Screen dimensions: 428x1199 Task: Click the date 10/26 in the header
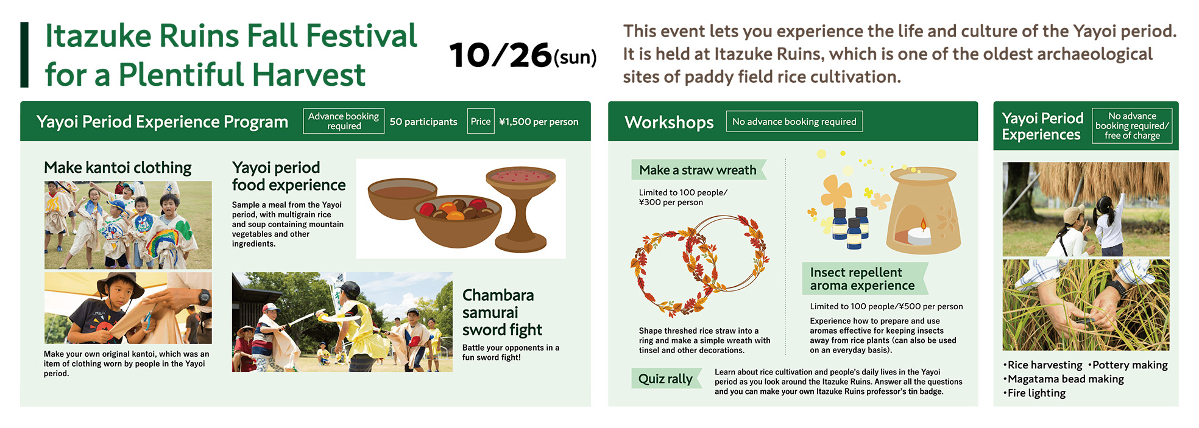[x=500, y=55]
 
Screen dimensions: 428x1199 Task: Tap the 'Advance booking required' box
[x=344, y=121]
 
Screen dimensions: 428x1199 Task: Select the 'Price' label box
[x=480, y=121]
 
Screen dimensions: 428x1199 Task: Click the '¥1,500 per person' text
[x=539, y=122]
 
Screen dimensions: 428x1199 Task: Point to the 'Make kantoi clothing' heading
[x=118, y=167]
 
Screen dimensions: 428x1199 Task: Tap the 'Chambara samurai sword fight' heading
[x=498, y=312]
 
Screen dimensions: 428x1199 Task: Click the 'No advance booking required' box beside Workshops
[x=794, y=122]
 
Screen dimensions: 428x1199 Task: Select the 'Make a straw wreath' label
[x=698, y=170]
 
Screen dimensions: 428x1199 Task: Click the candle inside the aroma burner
[x=919, y=234]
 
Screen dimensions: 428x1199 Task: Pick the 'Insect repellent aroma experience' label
[x=862, y=279]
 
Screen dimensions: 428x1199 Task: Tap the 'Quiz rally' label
[x=665, y=379]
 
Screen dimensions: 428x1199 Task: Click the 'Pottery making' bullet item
[x=1130, y=365]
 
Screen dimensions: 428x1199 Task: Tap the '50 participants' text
[x=423, y=122]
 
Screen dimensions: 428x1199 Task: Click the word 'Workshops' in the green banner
[x=669, y=122]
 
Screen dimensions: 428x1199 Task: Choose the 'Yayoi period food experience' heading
[x=288, y=176]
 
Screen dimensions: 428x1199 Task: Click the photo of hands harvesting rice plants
[x=1086, y=304]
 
